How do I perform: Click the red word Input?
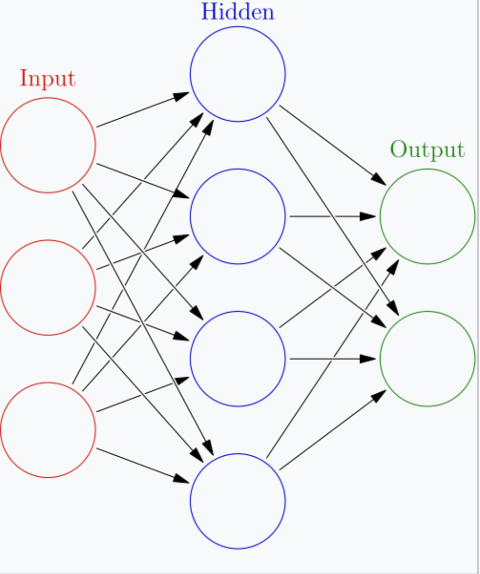(47, 78)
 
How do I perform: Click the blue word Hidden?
(238, 12)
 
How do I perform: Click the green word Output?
(427, 150)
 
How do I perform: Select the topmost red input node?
(48, 145)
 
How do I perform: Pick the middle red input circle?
(48, 287)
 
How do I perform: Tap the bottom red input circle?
(48, 430)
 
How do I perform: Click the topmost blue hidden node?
(238, 74)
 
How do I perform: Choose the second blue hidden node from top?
(238, 216)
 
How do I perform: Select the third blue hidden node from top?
(238, 359)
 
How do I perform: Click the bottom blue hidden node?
(238, 501)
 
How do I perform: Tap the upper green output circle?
(427, 216)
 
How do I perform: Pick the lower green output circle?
(427, 359)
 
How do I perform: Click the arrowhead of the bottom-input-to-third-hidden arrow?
(182, 380)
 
